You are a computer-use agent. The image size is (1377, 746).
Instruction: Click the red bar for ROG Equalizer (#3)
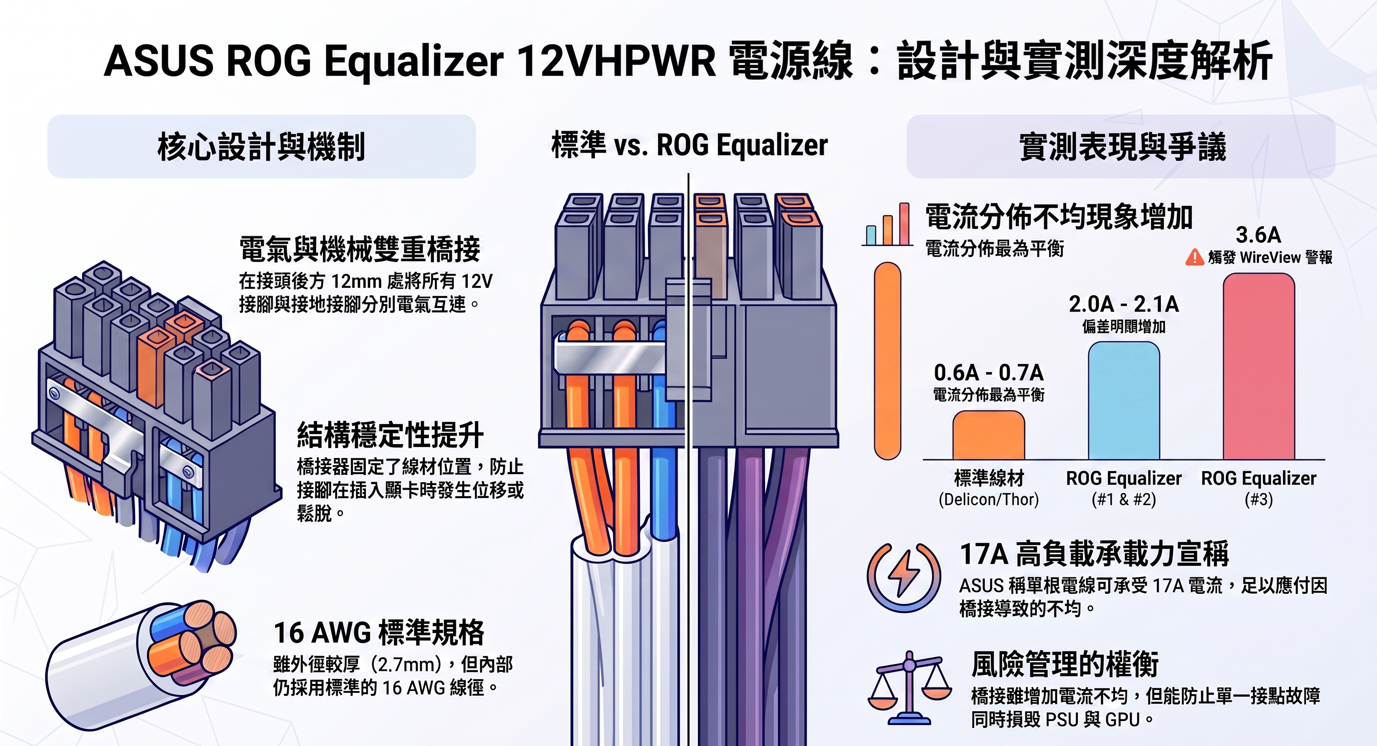tap(1259, 366)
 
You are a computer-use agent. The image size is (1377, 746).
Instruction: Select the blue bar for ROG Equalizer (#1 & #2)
tap(1124, 401)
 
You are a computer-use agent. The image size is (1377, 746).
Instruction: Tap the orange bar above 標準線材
tap(988, 435)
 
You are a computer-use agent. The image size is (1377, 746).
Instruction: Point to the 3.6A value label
tap(1258, 235)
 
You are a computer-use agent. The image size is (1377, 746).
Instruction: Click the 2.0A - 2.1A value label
tap(1124, 304)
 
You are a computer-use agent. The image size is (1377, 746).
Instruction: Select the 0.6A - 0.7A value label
tap(988, 372)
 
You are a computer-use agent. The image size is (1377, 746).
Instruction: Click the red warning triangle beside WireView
tap(1194, 257)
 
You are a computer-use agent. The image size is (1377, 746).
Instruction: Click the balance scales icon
tap(909, 688)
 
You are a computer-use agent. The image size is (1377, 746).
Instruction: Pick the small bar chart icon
tap(888, 224)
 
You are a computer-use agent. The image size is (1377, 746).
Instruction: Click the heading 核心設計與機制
tap(261, 147)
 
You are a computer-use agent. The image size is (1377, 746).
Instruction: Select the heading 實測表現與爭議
tap(1122, 147)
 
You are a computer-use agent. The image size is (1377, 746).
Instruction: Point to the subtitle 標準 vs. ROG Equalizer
tap(690, 145)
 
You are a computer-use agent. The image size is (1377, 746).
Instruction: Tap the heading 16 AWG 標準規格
tap(379, 633)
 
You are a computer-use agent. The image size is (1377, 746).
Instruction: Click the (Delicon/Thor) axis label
tap(988, 500)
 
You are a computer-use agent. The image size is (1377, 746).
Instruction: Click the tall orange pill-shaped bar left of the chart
tap(887, 361)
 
